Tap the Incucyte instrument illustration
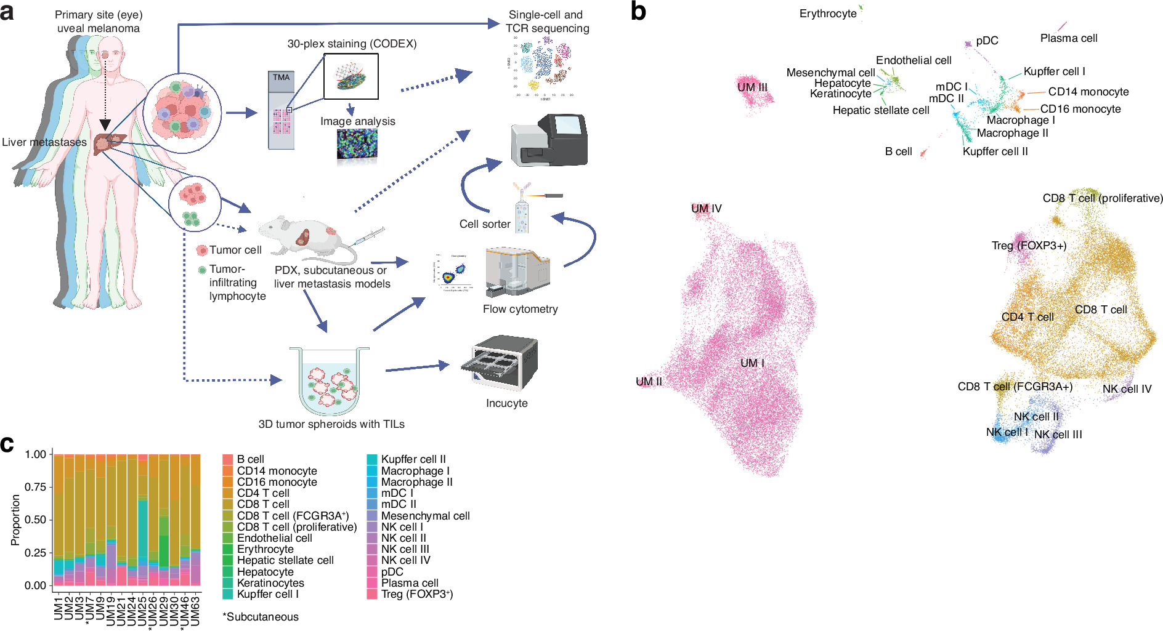[x=500, y=363]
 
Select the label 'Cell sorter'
[x=485, y=224]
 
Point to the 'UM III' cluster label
[x=752, y=87]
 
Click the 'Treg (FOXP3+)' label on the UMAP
[x=1029, y=246]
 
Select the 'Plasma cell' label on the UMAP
[x=1069, y=38]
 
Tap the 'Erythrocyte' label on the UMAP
[x=828, y=14]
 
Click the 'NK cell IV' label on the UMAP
[x=1127, y=389]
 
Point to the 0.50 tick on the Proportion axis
[x=36, y=520]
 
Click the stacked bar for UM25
[x=143, y=520]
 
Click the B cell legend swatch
[x=227, y=459]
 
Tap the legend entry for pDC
[x=392, y=571]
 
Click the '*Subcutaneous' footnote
[x=260, y=617]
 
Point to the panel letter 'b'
[x=638, y=12]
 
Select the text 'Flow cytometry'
[x=520, y=309]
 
